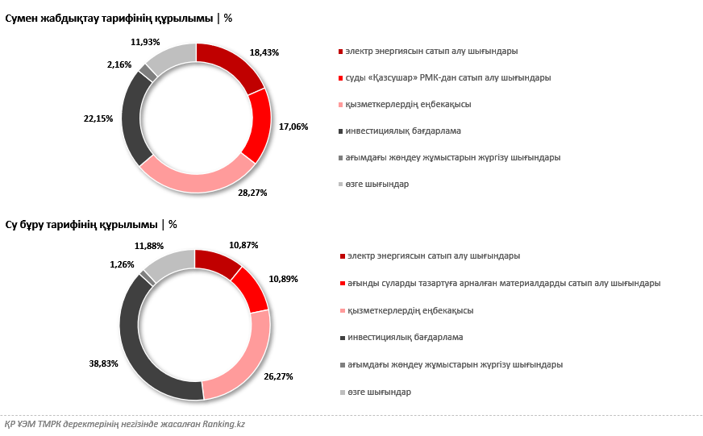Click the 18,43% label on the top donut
point(265,52)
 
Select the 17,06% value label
point(293,127)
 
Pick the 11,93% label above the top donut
point(145,41)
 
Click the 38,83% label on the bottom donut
point(103,363)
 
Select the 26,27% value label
point(277,376)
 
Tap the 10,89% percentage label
point(284,279)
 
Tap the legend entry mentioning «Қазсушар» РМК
point(447,78)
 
